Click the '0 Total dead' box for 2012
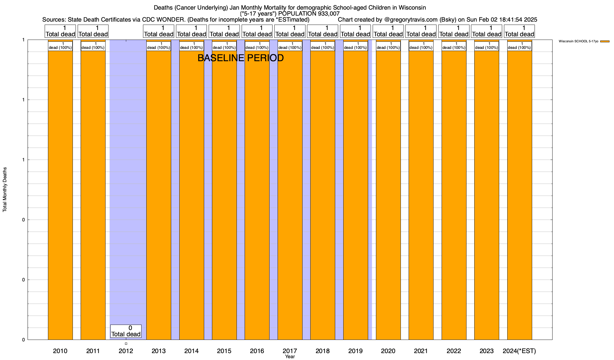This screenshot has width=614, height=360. coord(126,331)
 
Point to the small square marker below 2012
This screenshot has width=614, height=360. coord(126,343)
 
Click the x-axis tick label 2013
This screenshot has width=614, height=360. coord(159,351)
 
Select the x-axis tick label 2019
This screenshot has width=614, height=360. coord(356,351)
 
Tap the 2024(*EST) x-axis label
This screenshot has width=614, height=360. coord(519,351)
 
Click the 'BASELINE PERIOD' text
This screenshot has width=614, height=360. coord(240,58)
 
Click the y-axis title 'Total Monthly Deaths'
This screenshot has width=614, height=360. coord(5,190)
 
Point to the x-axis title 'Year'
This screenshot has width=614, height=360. coord(290,357)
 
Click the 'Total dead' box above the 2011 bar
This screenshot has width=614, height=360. coord(93,31)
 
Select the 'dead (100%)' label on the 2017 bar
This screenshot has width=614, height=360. coord(290,46)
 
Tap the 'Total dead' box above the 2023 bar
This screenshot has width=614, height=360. coord(487,31)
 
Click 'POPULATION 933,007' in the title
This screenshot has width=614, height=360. coord(309,13)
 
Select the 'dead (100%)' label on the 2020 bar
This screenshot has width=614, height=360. coord(388,46)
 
